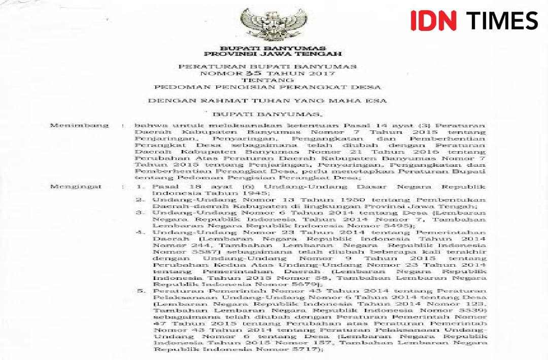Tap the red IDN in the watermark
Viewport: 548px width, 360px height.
coord(433,20)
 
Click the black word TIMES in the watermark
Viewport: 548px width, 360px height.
coord(502,20)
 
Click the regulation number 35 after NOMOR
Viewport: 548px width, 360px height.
coord(234,73)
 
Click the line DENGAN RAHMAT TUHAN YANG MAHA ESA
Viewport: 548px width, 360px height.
coord(267,100)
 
